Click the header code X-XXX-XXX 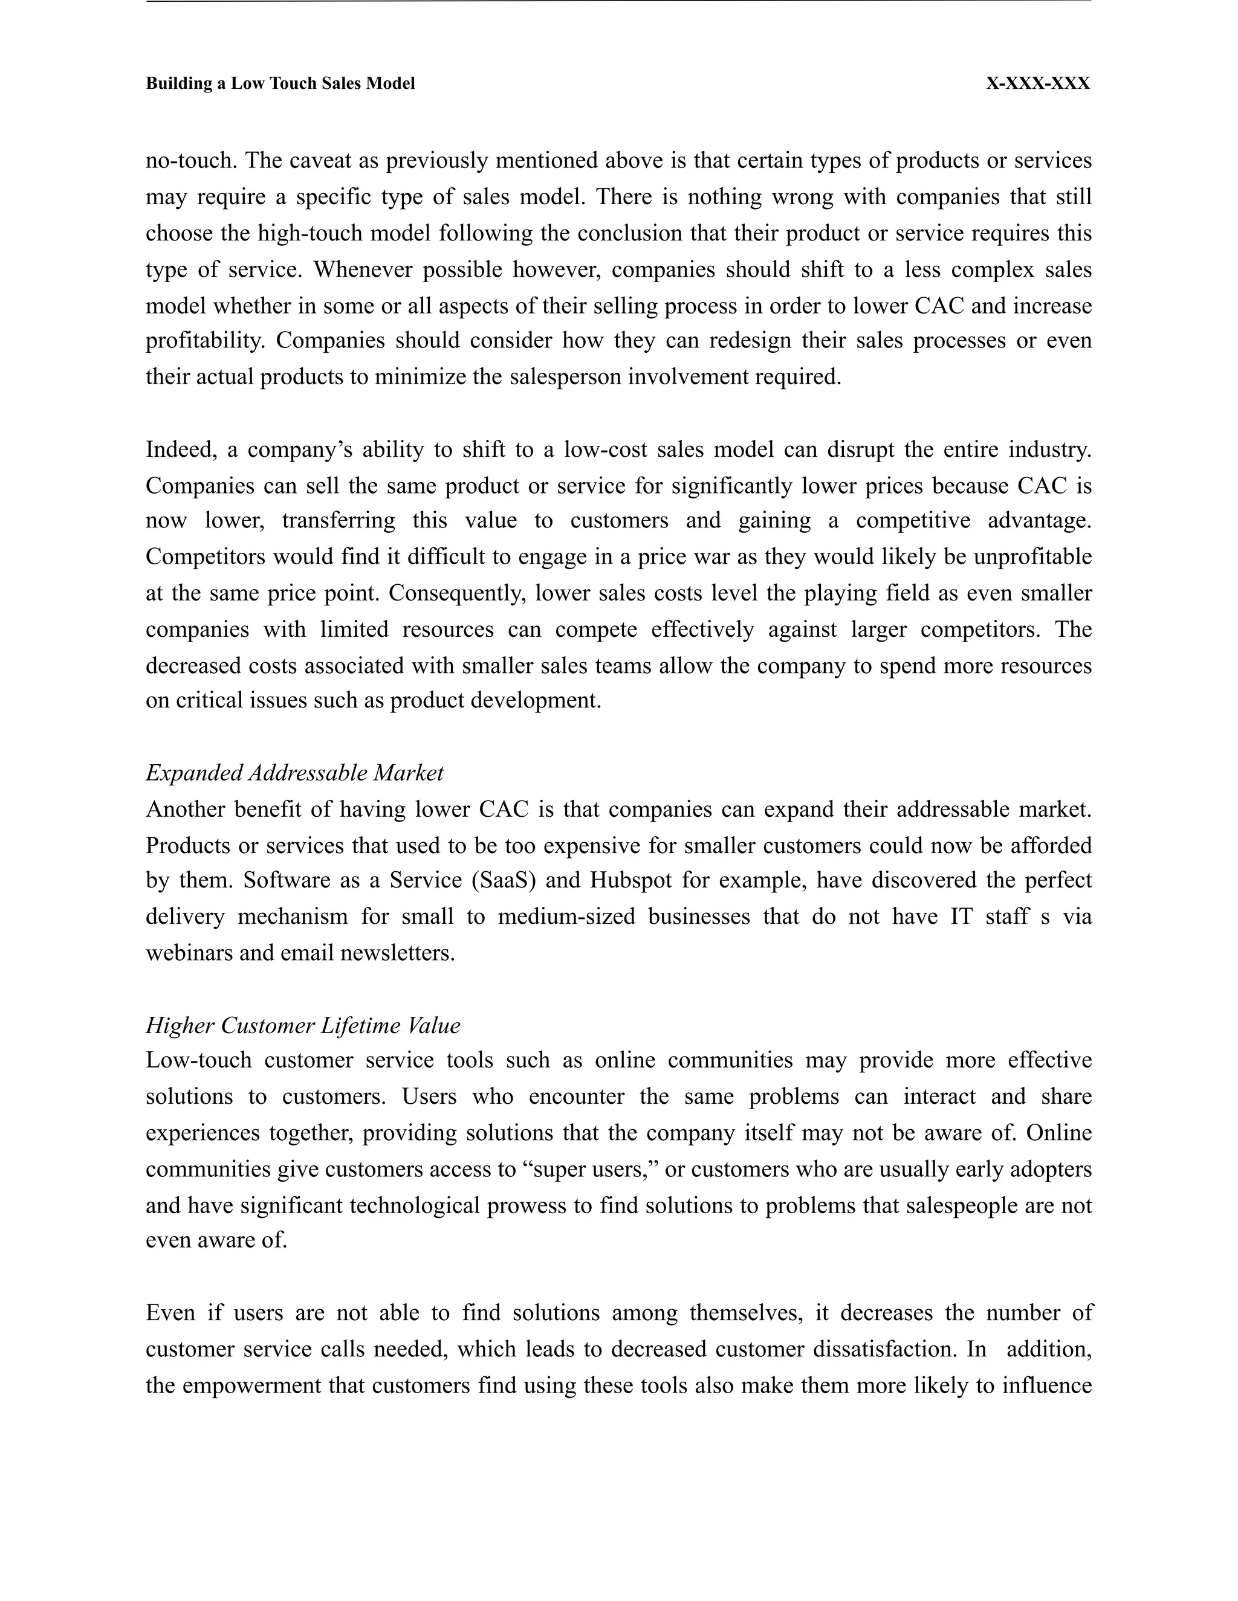pyautogui.click(x=1037, y=83)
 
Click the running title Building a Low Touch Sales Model pyautogui.click(x=280, y=83)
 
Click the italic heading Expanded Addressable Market pyautogui.click(x=294, y=773)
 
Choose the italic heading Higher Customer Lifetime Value pyautogui.click(x=303, y=1025)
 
